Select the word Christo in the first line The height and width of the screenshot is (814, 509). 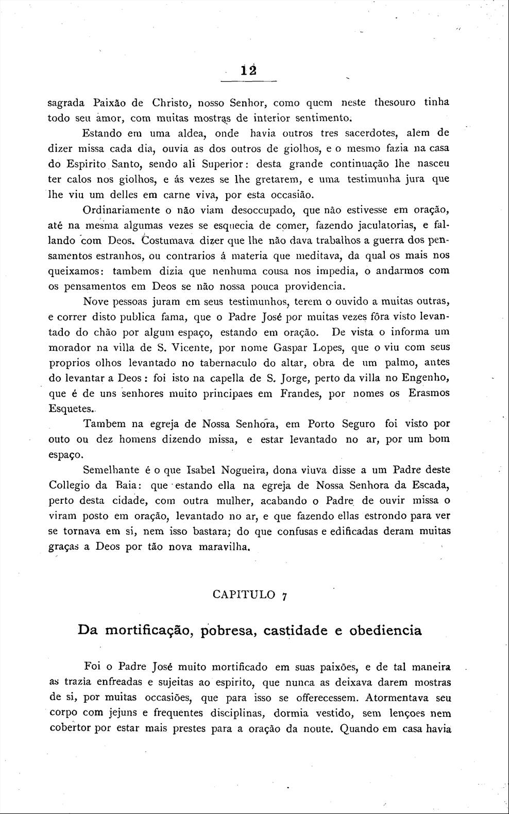tap(172, 102)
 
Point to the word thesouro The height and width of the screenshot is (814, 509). tap(395, 102)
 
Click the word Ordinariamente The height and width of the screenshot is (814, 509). tap(120, 210)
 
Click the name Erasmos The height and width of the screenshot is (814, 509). tap(429, 393)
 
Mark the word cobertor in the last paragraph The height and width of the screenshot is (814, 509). tap(72, 729)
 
